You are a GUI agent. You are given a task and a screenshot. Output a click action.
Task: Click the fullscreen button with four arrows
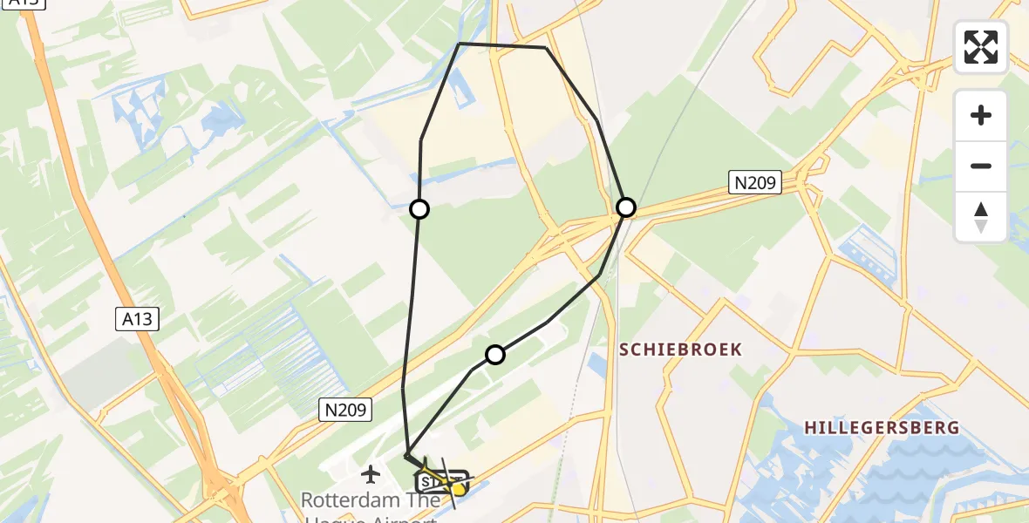click(x=981, y=47)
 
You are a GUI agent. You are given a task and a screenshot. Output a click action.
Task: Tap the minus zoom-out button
click(x=981, y=166)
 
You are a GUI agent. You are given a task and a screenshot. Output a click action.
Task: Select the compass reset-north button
click(x=981, y=217)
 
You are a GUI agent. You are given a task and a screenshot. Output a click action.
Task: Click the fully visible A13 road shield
click(x=137, y=319)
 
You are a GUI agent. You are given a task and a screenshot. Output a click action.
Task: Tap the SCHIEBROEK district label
click(x=680, y=350)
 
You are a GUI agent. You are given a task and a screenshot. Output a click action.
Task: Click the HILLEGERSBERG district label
click(x=881, y=428)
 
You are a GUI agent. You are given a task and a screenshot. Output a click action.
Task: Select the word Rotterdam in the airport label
click(x=344, y=500)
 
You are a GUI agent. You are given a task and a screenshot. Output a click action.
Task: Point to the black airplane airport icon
click(x=371, y=475)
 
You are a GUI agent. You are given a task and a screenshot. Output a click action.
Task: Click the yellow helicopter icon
click(x=457, y=488)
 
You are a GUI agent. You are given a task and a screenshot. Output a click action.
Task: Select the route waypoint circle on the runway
click(x=495, y=355)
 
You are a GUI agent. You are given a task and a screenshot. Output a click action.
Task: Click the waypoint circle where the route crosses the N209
click(x=626, y=207)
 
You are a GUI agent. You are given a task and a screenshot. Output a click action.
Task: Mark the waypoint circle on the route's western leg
click(x=419, y=209)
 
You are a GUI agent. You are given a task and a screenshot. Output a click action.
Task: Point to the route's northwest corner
click(x=460, y=44)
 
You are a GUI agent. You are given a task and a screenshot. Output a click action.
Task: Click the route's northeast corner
click(x=546, y=47)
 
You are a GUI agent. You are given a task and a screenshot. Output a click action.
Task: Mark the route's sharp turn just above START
click(x=406, y=455)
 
